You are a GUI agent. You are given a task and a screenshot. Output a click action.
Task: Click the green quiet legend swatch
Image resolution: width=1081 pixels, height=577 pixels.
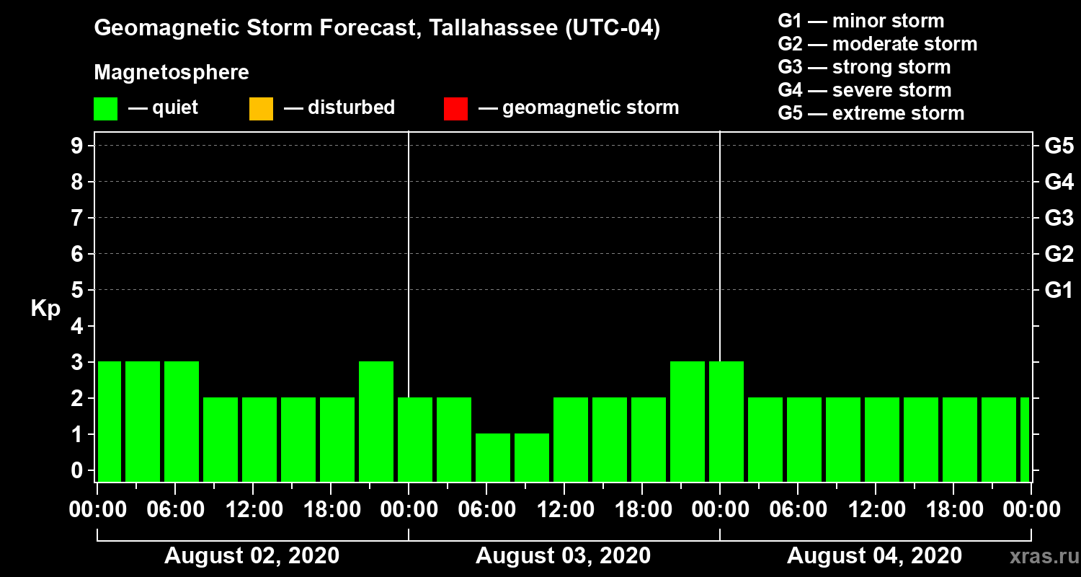tap(105, 109)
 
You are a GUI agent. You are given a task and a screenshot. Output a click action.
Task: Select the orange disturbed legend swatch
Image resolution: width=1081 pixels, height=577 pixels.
tap(261, 109)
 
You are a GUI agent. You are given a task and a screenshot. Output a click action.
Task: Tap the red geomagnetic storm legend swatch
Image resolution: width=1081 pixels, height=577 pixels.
tap(455, 109)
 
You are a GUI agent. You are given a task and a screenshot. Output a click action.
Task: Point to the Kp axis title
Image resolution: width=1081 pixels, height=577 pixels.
tap(45, 309)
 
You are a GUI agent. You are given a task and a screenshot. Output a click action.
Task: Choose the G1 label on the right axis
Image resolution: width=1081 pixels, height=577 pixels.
tap(1059, 291)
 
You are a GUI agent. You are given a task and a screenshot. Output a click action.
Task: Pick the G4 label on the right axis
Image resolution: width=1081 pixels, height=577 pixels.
tap(1059, 182)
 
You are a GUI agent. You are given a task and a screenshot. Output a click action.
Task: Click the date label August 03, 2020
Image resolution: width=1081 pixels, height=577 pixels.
tap(563, 556)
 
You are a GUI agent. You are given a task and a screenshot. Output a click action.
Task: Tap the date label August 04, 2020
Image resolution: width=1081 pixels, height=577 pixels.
tap(874, 556)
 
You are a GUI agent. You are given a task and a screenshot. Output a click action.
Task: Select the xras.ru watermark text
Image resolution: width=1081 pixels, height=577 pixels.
tap(1038, 556)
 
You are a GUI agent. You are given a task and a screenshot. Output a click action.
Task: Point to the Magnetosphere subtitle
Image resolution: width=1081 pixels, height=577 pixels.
tap(172, 73)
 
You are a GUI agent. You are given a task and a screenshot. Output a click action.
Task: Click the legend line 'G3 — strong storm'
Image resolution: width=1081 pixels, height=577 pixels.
tap(864, 67)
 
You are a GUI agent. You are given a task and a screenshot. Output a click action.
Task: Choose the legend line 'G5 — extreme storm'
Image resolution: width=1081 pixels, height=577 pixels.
tap(871, 113)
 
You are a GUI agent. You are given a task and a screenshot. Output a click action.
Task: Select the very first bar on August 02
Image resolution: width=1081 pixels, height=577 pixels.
tap(110, 421)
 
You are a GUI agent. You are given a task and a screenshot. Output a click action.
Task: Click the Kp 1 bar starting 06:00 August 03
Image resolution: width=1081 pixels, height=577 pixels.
tap(493, 457)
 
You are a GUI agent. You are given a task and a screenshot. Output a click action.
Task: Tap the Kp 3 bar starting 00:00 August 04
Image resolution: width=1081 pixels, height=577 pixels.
tap(726, 421)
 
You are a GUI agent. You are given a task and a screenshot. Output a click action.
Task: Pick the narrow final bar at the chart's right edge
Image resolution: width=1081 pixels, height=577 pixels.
tap(1025, 439)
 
